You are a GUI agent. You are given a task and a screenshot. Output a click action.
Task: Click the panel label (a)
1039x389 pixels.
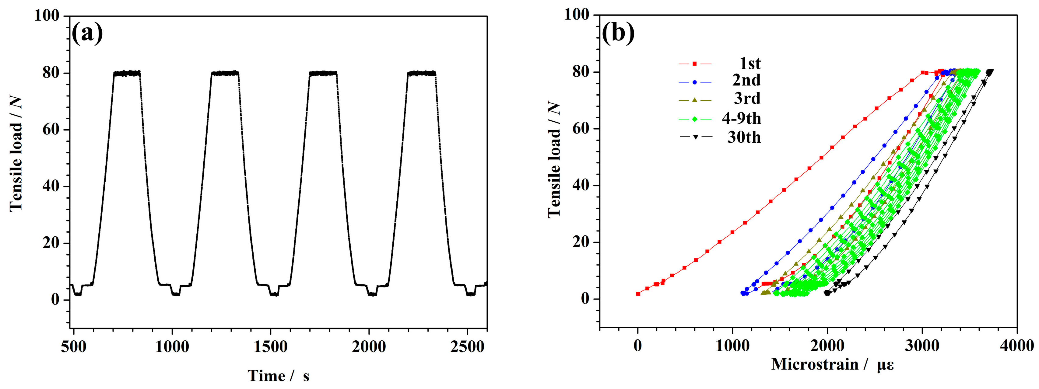point(87,33)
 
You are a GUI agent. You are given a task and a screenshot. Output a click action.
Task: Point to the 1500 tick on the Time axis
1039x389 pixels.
point(271,347)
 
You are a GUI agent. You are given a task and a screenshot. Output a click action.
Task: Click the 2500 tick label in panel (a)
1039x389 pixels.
point(467,347)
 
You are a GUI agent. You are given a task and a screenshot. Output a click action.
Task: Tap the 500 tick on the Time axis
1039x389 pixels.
point(74,347)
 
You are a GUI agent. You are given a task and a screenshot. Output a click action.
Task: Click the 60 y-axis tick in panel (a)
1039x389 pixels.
point(51,130)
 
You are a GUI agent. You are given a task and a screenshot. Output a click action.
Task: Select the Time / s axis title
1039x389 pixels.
point(278,376)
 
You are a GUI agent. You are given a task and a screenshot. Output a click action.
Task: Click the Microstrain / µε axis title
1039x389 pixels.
point(833,364)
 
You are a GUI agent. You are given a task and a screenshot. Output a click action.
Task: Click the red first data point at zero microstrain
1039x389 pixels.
point(638,293)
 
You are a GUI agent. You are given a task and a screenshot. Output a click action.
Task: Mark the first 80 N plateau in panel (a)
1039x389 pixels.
point(127,73)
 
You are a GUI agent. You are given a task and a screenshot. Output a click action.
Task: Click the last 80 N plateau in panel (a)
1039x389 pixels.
point(422,73)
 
